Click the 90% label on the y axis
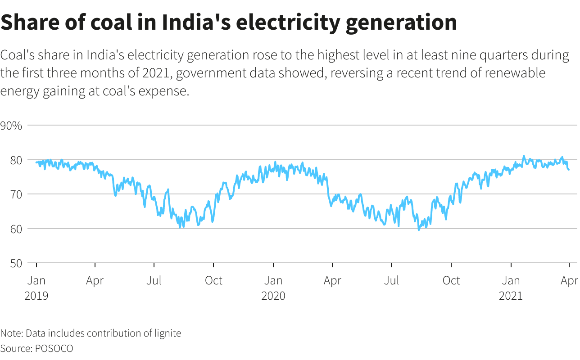point(11,125)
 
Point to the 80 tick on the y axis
point(9,160)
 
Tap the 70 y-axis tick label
point(9,194)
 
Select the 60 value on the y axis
point(9,229)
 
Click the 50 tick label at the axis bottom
point(9,263)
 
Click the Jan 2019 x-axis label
point(36,288)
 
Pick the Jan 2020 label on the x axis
point(273,288)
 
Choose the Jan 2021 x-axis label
point(511,288)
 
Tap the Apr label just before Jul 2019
point(95,280)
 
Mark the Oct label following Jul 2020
point(451,280)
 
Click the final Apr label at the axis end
point(569,280)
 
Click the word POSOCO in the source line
point(54,348)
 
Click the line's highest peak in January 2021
point(524,156)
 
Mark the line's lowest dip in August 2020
point(419,230)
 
